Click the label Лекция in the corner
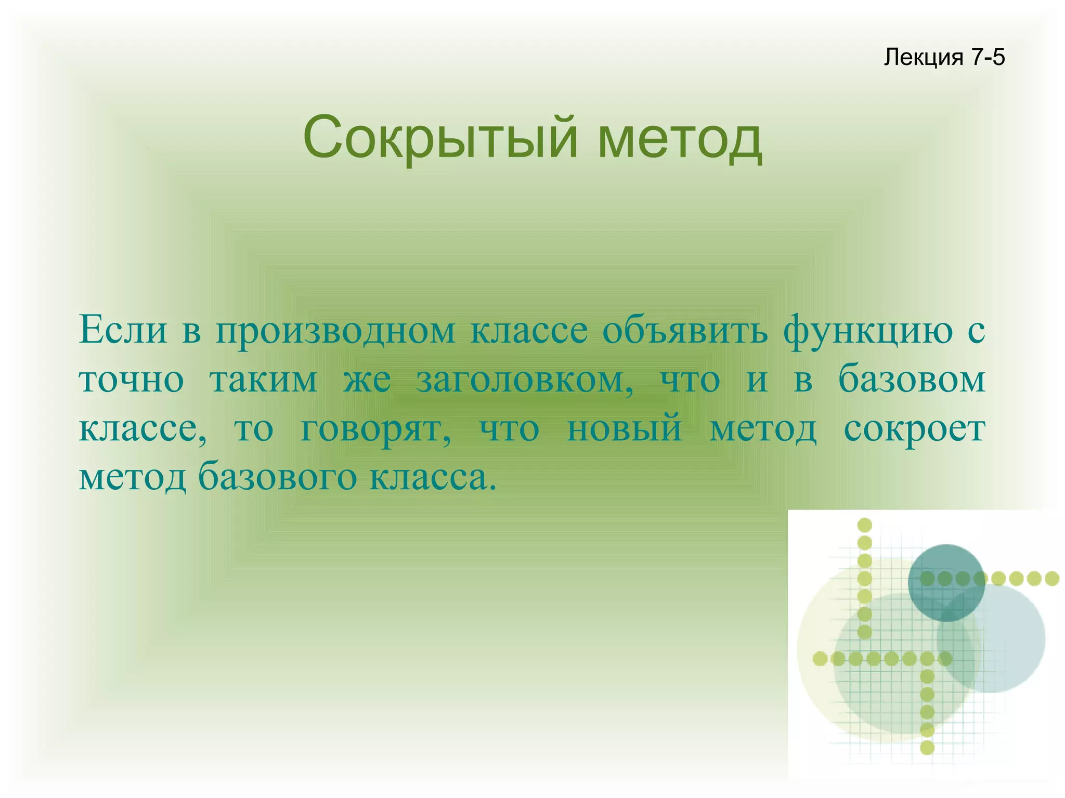click(x=924, y=57)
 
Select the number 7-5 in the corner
click(x=988, y=57)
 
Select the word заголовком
click(x=525, y=380)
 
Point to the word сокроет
click(x=914, y=429)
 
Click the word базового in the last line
click(x=277, y=478)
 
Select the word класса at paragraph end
click(x=429, y=477)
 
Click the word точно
click(x=131, y=380)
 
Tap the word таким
click(x=263, y=380)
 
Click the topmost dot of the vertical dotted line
click(x=864, y=525)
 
